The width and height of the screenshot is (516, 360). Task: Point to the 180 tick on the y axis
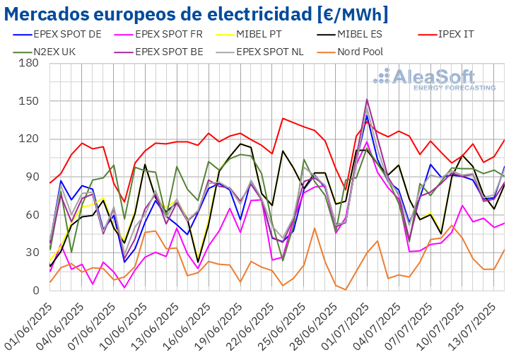coord(28,63)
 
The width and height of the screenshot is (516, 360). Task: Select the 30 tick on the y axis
coord(31,252)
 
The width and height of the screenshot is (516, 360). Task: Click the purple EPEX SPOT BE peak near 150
coord(367,100)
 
